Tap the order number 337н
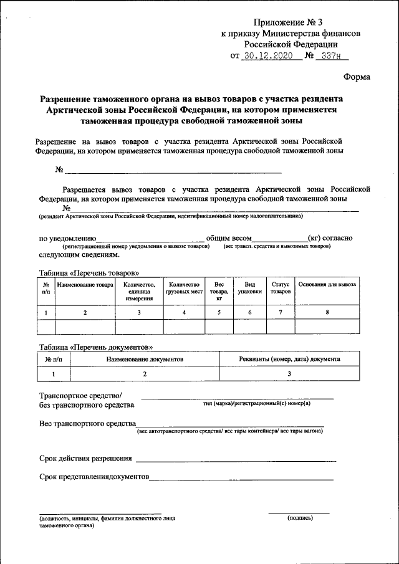click(329, 55)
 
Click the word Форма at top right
click(357, 77)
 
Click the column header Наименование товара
click(85, 285)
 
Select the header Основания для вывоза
click(327, 285)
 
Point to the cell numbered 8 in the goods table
click(327, 312)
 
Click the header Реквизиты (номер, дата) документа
click(289, 360)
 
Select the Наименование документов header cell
click(145, 360)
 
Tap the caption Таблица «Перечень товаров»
click(89, 273)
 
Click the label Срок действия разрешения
click(85, 459)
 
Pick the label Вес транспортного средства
click(87, 424)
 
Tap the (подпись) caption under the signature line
click(300, 518)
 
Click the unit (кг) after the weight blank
click(315, 238)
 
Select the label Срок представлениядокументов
click(94, 477)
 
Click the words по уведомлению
click(67, 238)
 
